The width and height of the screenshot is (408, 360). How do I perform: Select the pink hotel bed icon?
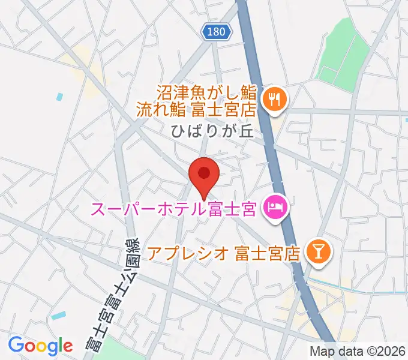276,209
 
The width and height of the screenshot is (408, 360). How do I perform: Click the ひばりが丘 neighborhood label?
213,132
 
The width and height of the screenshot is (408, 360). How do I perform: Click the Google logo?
40,346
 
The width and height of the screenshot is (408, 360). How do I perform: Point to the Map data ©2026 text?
358,351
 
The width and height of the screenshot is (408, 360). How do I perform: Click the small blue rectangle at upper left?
59,96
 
